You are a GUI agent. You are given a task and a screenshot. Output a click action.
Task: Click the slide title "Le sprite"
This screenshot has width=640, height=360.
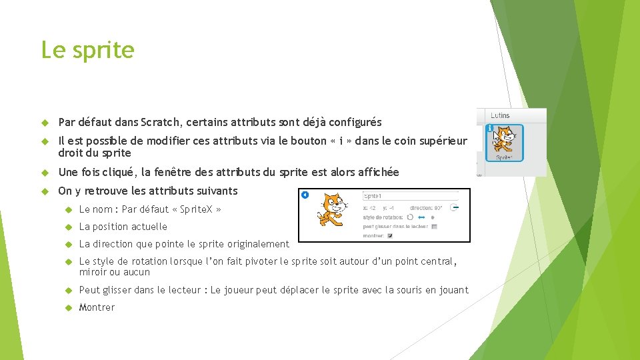tap(87, 50)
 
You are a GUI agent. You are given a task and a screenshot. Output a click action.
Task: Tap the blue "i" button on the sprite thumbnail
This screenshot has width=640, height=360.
tap(490, 127)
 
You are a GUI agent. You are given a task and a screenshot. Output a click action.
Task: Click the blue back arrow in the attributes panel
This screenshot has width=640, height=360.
tap(305, 195)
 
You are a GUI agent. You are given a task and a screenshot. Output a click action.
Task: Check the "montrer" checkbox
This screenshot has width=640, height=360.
tap(390, 235)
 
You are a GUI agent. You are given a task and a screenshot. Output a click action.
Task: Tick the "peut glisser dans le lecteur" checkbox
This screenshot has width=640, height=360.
tap(434, 226)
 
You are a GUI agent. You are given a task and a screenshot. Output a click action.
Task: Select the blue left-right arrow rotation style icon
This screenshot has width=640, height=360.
tap(421, 217)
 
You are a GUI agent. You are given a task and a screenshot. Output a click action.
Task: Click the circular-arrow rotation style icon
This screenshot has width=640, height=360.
tap(410, 217)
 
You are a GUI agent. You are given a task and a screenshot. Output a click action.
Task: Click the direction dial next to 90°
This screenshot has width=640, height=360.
tap(454, 207)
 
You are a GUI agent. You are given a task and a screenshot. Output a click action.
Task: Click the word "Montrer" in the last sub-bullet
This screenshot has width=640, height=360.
tap(97, 307)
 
